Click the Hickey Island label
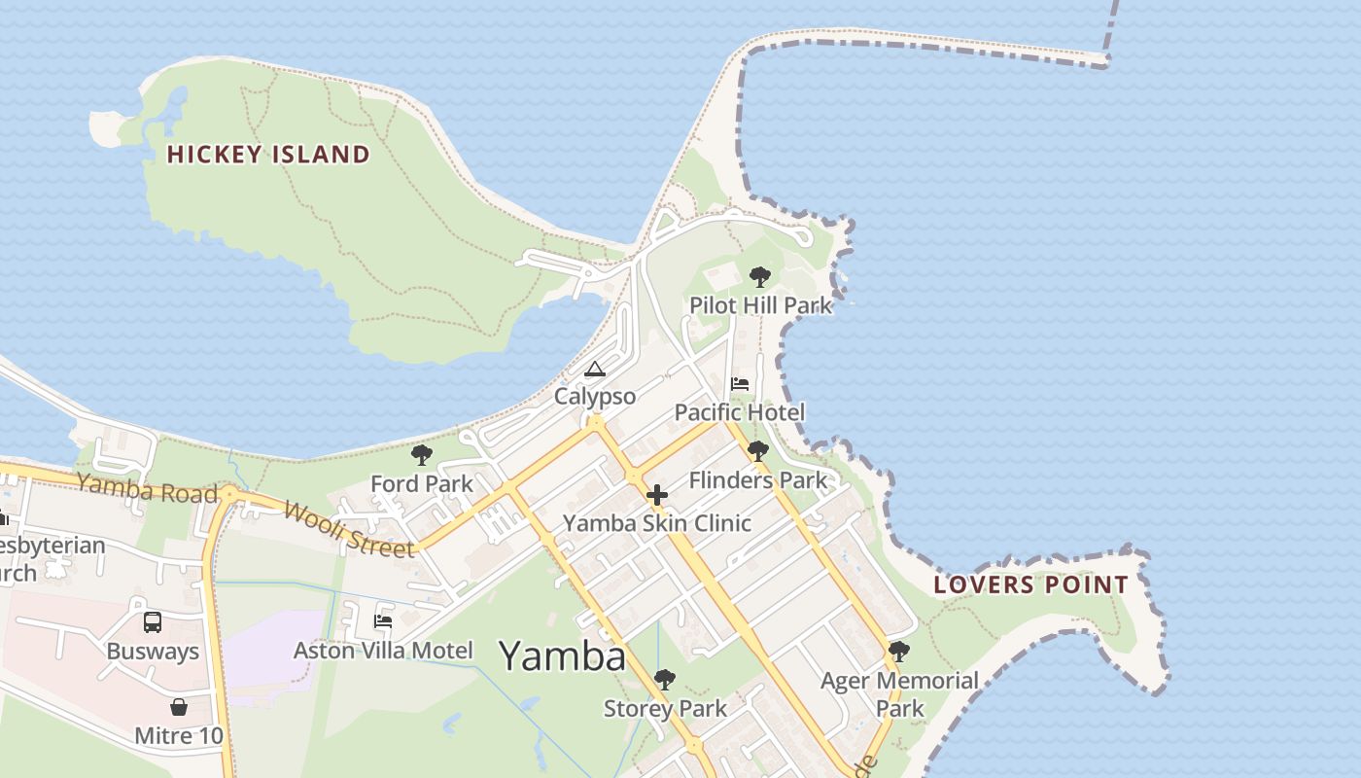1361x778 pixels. (268, 154)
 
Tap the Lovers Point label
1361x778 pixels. (1030, 584)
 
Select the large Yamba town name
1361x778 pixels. (562, 656)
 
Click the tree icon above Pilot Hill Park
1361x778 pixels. (760, 277)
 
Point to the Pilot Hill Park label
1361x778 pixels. (760, 305)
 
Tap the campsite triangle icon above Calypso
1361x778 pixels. (595, 370)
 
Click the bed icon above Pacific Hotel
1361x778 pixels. (740, 384)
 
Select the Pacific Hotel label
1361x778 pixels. (740, 412)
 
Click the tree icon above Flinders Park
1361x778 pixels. (758, 451)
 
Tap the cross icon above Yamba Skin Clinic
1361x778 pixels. (657, 495)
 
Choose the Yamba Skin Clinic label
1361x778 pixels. (657, 523)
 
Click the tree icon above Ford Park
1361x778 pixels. (422, 455)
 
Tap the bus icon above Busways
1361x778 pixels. (153, 622)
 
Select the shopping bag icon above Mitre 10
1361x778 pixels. (179, 707)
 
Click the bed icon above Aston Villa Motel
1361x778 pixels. (383, 621)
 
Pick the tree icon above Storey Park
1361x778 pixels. (665, 680)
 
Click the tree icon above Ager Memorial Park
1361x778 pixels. (899, 652)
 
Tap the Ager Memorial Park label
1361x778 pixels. (899, 693)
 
